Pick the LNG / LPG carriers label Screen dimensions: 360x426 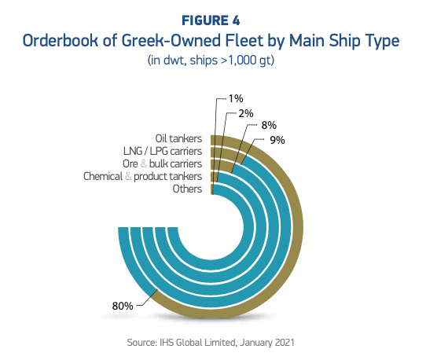coord(163,151)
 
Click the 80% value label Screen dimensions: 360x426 coord(123,306)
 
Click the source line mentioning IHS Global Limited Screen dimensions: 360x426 coord(212,343)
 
